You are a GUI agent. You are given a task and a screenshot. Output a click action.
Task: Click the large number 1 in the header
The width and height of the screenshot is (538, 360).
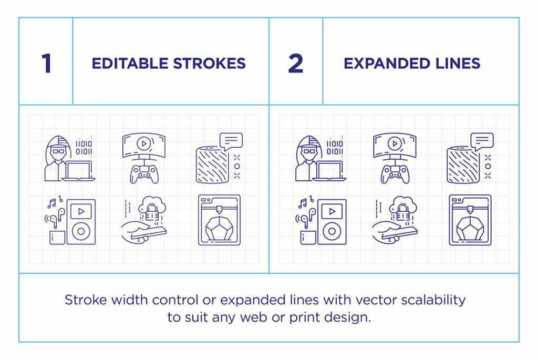pos(46,64)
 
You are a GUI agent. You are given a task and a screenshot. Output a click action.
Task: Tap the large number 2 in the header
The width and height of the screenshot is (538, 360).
pos(296,64)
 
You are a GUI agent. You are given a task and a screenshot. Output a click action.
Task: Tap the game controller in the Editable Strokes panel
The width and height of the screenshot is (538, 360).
pos(144,173)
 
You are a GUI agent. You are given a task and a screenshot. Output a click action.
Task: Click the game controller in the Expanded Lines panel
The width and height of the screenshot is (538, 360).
pos(395,173)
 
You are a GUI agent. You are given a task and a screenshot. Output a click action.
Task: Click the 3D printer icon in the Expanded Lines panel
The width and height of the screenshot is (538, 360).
pos(470,220)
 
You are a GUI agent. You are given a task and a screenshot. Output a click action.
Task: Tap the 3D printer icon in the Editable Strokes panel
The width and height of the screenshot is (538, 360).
pos(219,220)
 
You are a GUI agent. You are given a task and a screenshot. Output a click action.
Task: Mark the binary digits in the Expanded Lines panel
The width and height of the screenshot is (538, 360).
pos(335,148)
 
